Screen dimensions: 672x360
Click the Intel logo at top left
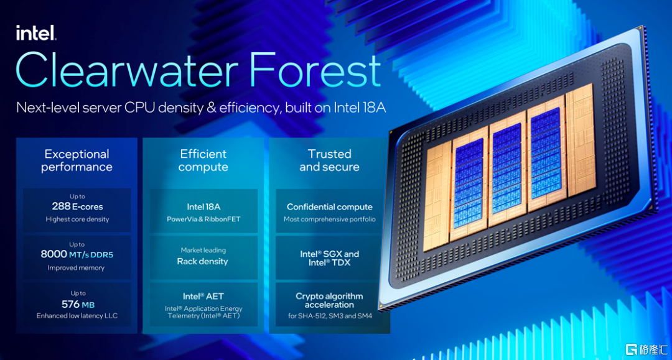[36, 32]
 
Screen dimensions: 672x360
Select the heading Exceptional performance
[77, 160]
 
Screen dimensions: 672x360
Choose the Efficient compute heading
[203, 160]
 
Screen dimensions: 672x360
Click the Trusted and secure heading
[329, 160]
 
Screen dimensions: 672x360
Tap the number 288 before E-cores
[61, 206]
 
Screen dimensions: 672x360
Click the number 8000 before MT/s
[54, 254]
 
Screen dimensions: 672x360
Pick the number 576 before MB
[70, 304]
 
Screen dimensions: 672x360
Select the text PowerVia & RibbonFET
[203, 219]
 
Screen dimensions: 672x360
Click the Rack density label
[203, 262]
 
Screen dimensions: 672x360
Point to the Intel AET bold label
[203, 296]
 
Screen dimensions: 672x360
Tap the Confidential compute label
[330, 207]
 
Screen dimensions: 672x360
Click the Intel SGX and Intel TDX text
[330, 258]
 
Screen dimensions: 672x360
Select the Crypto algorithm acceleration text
[329, 300]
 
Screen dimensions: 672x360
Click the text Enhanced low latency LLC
[77, 316]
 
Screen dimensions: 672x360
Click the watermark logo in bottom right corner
[646, 349]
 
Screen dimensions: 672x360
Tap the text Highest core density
[78, 219]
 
